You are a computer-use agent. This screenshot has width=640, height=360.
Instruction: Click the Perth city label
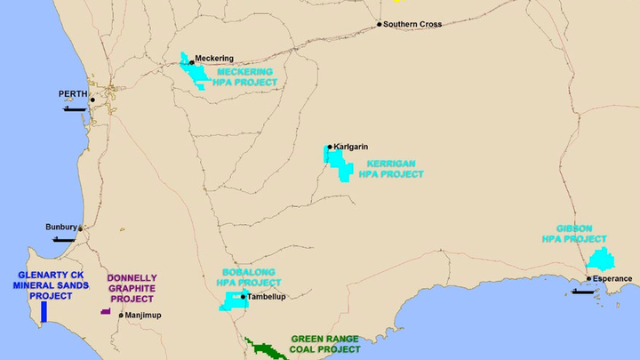coord(73,93)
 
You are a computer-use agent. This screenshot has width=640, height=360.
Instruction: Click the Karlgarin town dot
coord(329,147)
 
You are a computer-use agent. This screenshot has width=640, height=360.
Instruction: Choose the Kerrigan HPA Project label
coord(391,169)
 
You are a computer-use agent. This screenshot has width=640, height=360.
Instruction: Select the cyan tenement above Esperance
coord(602,260)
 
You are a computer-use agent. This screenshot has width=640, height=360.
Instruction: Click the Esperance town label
coord(613,278)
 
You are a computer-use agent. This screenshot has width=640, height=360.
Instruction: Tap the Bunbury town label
coord(61,228)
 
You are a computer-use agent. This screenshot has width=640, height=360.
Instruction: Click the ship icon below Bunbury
coord(64,239)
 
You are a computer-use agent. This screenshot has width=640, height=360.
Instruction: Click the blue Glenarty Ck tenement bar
coord(44,312)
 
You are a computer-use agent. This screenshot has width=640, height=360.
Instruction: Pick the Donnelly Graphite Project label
coord(132,288)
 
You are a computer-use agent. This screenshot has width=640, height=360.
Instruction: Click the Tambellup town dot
coord(242,297)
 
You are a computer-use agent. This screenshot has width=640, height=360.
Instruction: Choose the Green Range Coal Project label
coord(326,344)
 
